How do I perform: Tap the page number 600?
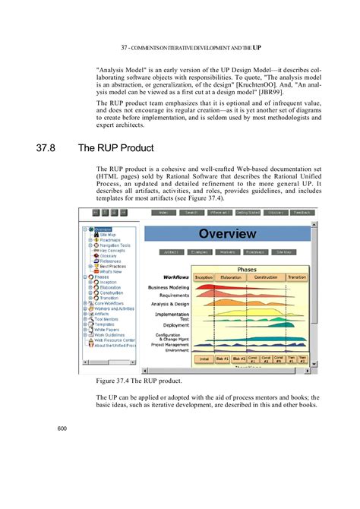62,429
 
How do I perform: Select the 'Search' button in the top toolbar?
191,213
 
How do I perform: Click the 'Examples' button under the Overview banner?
200,251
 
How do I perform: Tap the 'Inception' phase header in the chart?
204,278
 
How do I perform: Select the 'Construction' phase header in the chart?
265,278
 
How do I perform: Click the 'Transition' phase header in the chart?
298,278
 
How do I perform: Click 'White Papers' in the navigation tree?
108,330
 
